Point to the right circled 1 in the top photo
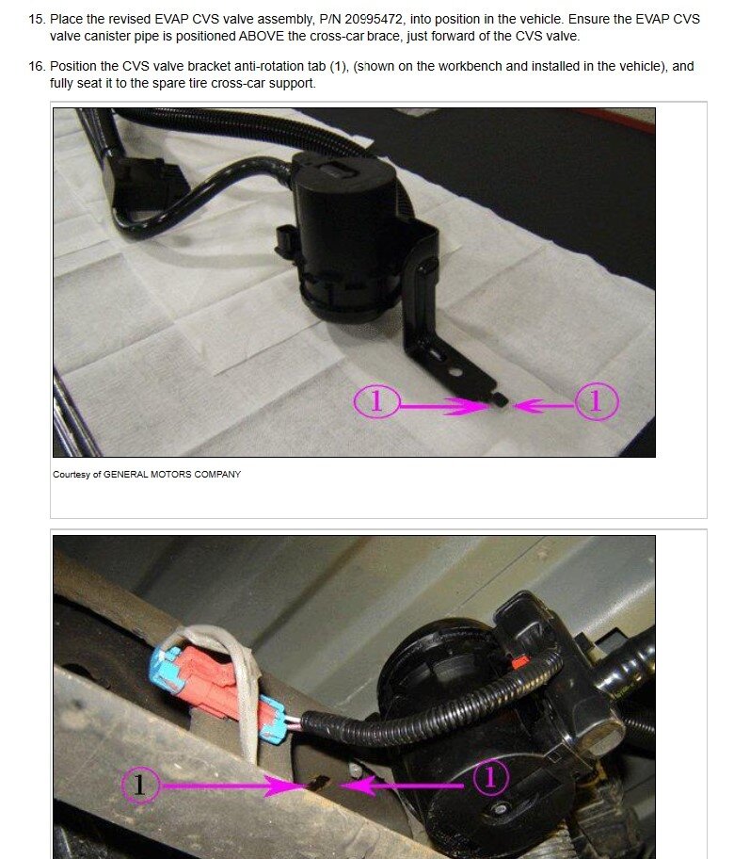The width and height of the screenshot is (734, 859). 596,402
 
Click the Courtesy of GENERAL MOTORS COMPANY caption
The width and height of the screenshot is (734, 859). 146,474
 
